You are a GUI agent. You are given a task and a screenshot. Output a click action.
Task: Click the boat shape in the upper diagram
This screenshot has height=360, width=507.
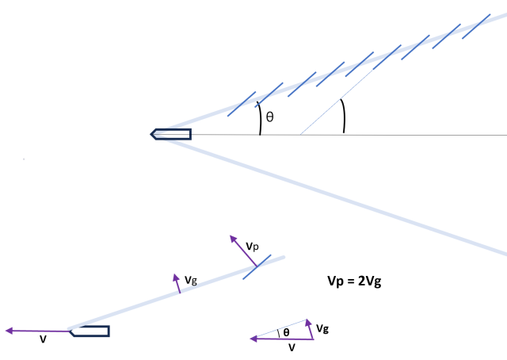pos(171,133)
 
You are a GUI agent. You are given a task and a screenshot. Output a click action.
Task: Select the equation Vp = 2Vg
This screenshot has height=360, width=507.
pos(356,281)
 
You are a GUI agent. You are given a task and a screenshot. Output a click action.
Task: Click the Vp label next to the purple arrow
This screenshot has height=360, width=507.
pos(251,247)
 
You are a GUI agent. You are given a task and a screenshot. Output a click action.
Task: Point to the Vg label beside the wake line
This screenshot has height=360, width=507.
pos(191,280)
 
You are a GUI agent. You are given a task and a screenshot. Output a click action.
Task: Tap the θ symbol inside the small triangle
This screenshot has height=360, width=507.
pos(286,333)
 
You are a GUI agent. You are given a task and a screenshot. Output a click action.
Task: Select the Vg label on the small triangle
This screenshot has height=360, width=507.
pos(322,328)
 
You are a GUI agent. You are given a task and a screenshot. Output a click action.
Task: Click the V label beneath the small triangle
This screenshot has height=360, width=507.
pos(292,347)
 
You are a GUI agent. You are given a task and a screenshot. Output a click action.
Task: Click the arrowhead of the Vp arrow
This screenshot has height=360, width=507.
pos(232,238)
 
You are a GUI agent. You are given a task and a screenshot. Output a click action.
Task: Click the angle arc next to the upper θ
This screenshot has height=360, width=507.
pos(259,119)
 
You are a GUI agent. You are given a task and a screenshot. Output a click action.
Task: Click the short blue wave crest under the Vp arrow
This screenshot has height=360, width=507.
pos(257,266)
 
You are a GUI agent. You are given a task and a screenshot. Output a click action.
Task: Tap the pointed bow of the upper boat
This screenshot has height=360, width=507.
pos(153,133)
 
